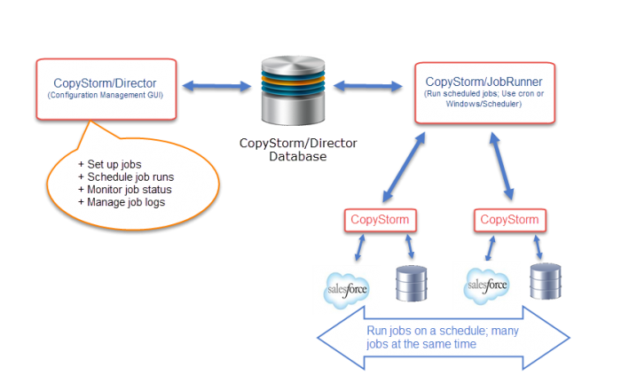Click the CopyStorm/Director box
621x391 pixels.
(106, 89)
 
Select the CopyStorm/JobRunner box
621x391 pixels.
(484, 93)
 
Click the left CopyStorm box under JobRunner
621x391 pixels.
(381, 219)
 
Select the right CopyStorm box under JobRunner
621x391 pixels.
(508, 219)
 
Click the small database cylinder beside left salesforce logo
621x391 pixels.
(411, 284)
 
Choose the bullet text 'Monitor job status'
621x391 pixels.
(124, 189)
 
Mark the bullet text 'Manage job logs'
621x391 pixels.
(121, 201)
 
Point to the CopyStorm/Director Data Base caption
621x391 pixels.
(296, 149)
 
